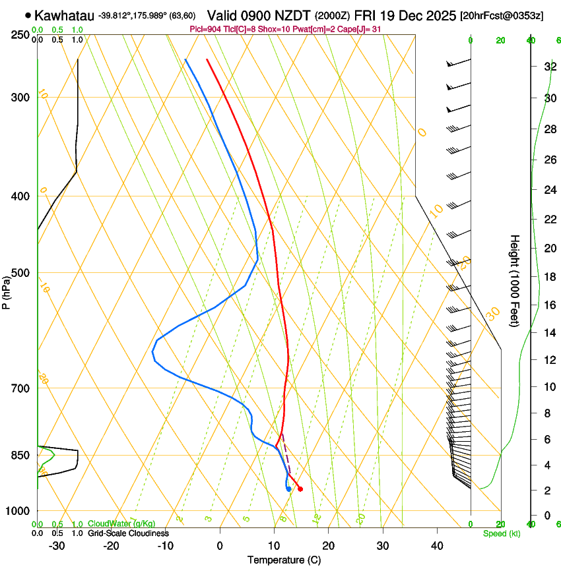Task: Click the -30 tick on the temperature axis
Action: click(x=57, y=546)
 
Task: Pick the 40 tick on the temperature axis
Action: click(x=436, y=546)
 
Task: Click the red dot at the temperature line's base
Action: click(x=300, y=489)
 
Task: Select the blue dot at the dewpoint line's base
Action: click(x=288, y=489)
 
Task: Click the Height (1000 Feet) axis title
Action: click(x=515, y=280)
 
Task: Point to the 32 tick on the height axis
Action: click(x=548, y=67)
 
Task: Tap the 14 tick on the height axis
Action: click(x=548, y=333)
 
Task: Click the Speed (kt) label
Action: click(x=502, y=533)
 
